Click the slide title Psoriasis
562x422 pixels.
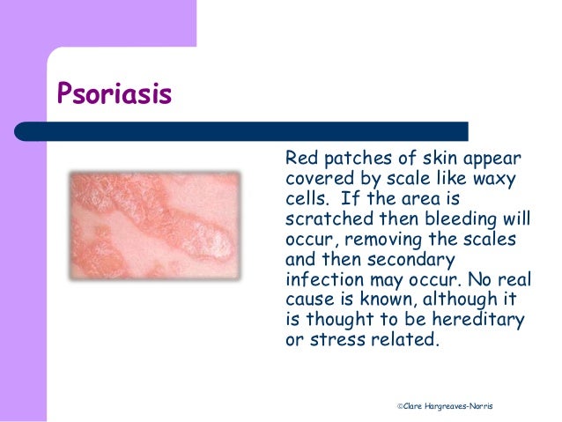click(x=115, y=94)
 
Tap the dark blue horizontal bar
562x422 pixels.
click(x=241, y=131)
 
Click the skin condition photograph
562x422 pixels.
click(x=155, y=226)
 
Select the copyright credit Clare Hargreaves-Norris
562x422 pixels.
click(x=445, y=406)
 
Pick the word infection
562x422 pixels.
click(x=325, y=279)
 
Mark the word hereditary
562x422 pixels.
click(x=477, y=320)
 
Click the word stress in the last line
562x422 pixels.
click(x=337, y=339)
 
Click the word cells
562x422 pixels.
click(x=307, y=198)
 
